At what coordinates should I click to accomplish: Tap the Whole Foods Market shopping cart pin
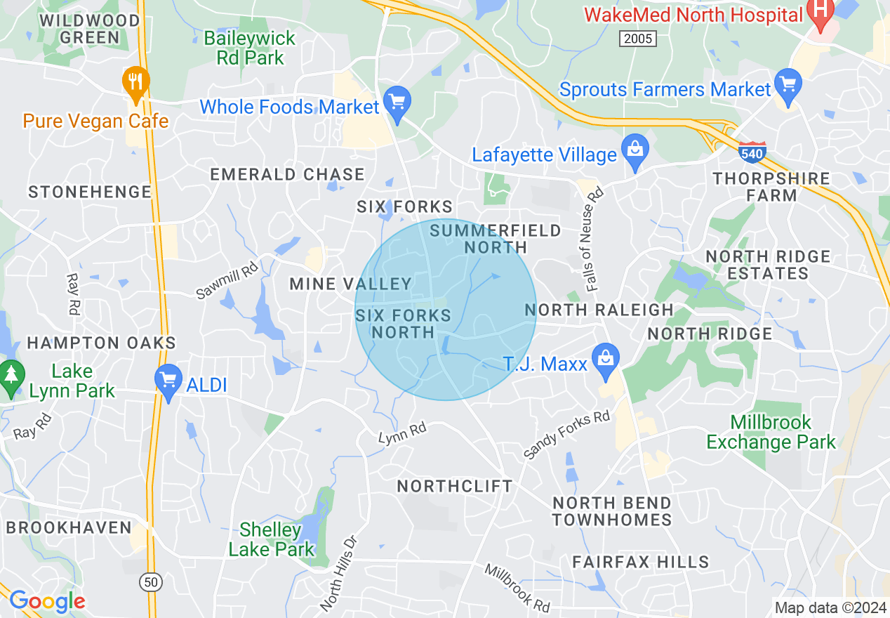(x=398, y=103)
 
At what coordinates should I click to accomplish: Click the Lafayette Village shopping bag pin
(x=636, y=150)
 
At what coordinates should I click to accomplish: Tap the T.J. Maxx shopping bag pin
(x=604, y=358)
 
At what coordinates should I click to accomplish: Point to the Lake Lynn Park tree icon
(x=11, y=376)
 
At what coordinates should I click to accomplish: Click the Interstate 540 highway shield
(x=752, y=152)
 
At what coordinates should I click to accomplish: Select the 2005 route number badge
(x=638, y=39)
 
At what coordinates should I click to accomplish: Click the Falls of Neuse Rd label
(x=595, y=239)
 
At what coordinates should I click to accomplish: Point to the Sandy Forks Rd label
(x=567, y=436)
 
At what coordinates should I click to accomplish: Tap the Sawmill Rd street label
(x=227, y=279)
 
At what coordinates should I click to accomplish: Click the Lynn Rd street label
(x=402, y=434)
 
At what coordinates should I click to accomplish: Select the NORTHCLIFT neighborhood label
(x=455, y=486)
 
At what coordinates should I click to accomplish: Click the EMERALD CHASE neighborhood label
(x=288, y=174)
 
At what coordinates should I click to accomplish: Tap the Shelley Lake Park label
(x=272, y=539)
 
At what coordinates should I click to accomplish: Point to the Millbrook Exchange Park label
(x=771, y=432)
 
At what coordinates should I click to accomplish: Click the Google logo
(x=47, y=601)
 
